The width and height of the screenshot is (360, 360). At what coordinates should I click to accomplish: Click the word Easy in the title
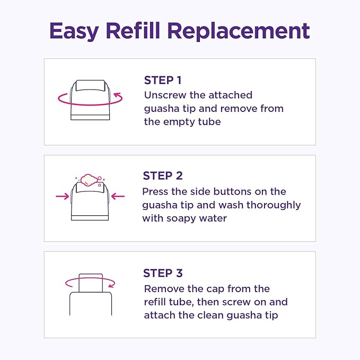coord(74,31)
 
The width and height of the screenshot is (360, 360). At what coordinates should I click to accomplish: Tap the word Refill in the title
coord(133,30)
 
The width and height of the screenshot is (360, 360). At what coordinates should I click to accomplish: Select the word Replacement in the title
coord(239,31)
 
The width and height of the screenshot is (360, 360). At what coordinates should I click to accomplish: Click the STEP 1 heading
coord(163,81)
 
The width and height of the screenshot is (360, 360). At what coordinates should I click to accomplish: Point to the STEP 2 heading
coord(163,176)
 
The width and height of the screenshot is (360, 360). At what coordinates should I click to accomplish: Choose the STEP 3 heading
coord(163,273)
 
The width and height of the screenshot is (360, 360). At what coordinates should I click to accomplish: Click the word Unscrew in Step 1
coord(165,95)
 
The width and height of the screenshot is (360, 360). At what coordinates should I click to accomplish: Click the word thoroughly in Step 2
coord(274,206)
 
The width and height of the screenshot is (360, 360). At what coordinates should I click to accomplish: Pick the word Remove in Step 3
coord(164,289)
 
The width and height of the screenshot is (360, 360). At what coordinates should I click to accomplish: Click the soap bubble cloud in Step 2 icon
coord(89,180)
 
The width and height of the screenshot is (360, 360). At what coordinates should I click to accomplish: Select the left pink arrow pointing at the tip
coord(63,196)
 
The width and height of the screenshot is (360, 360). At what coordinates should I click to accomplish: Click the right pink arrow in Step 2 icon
coord(118,196)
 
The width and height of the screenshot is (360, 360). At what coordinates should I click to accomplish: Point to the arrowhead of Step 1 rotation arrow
coord(117,95)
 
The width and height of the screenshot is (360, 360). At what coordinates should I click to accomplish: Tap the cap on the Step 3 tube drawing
coord(91,283)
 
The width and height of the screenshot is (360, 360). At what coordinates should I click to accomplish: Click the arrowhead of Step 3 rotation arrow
coord(111,285)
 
